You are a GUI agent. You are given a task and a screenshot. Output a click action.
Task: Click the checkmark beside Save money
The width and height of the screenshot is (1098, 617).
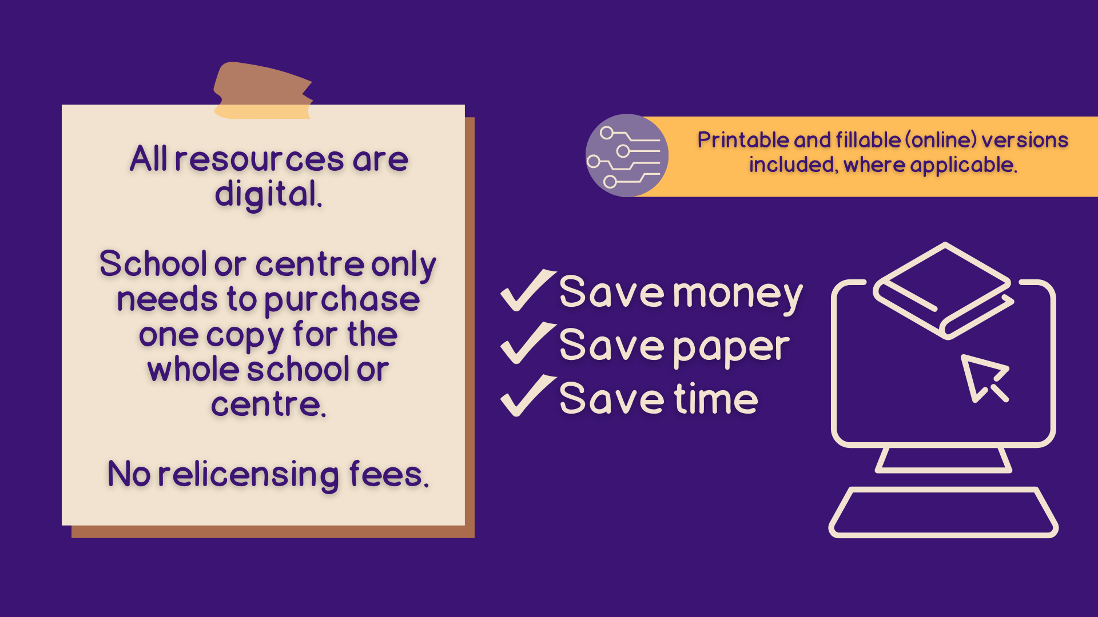point(527,291)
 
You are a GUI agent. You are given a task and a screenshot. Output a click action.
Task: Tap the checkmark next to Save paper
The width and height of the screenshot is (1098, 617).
point(527,344)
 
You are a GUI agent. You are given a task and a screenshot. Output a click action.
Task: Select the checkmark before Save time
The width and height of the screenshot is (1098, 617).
point(527,397)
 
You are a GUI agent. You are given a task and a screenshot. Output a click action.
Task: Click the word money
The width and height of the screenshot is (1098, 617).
point(738,295)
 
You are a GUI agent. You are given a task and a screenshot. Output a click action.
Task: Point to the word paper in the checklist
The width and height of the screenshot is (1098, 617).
point(731,348)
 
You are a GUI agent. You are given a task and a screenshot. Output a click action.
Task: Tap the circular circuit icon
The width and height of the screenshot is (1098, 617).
point(627,155)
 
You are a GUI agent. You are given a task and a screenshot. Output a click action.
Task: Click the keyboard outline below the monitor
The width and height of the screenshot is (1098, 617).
point(943,512)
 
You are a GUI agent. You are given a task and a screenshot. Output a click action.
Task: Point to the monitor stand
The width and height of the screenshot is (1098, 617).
point(943,460)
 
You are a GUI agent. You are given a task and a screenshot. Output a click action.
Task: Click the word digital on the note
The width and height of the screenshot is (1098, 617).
point(267,194)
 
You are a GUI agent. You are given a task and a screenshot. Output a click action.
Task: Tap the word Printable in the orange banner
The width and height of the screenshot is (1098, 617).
point(743,141)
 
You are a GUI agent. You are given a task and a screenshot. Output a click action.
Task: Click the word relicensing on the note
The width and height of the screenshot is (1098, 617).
point(248,475)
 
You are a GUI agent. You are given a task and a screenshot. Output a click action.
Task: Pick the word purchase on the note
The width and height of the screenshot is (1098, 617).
point(341,300)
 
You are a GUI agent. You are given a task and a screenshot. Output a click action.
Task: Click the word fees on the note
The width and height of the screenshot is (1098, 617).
point(387,475)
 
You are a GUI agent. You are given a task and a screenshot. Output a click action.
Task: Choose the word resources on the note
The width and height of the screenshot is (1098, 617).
point(259,159)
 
